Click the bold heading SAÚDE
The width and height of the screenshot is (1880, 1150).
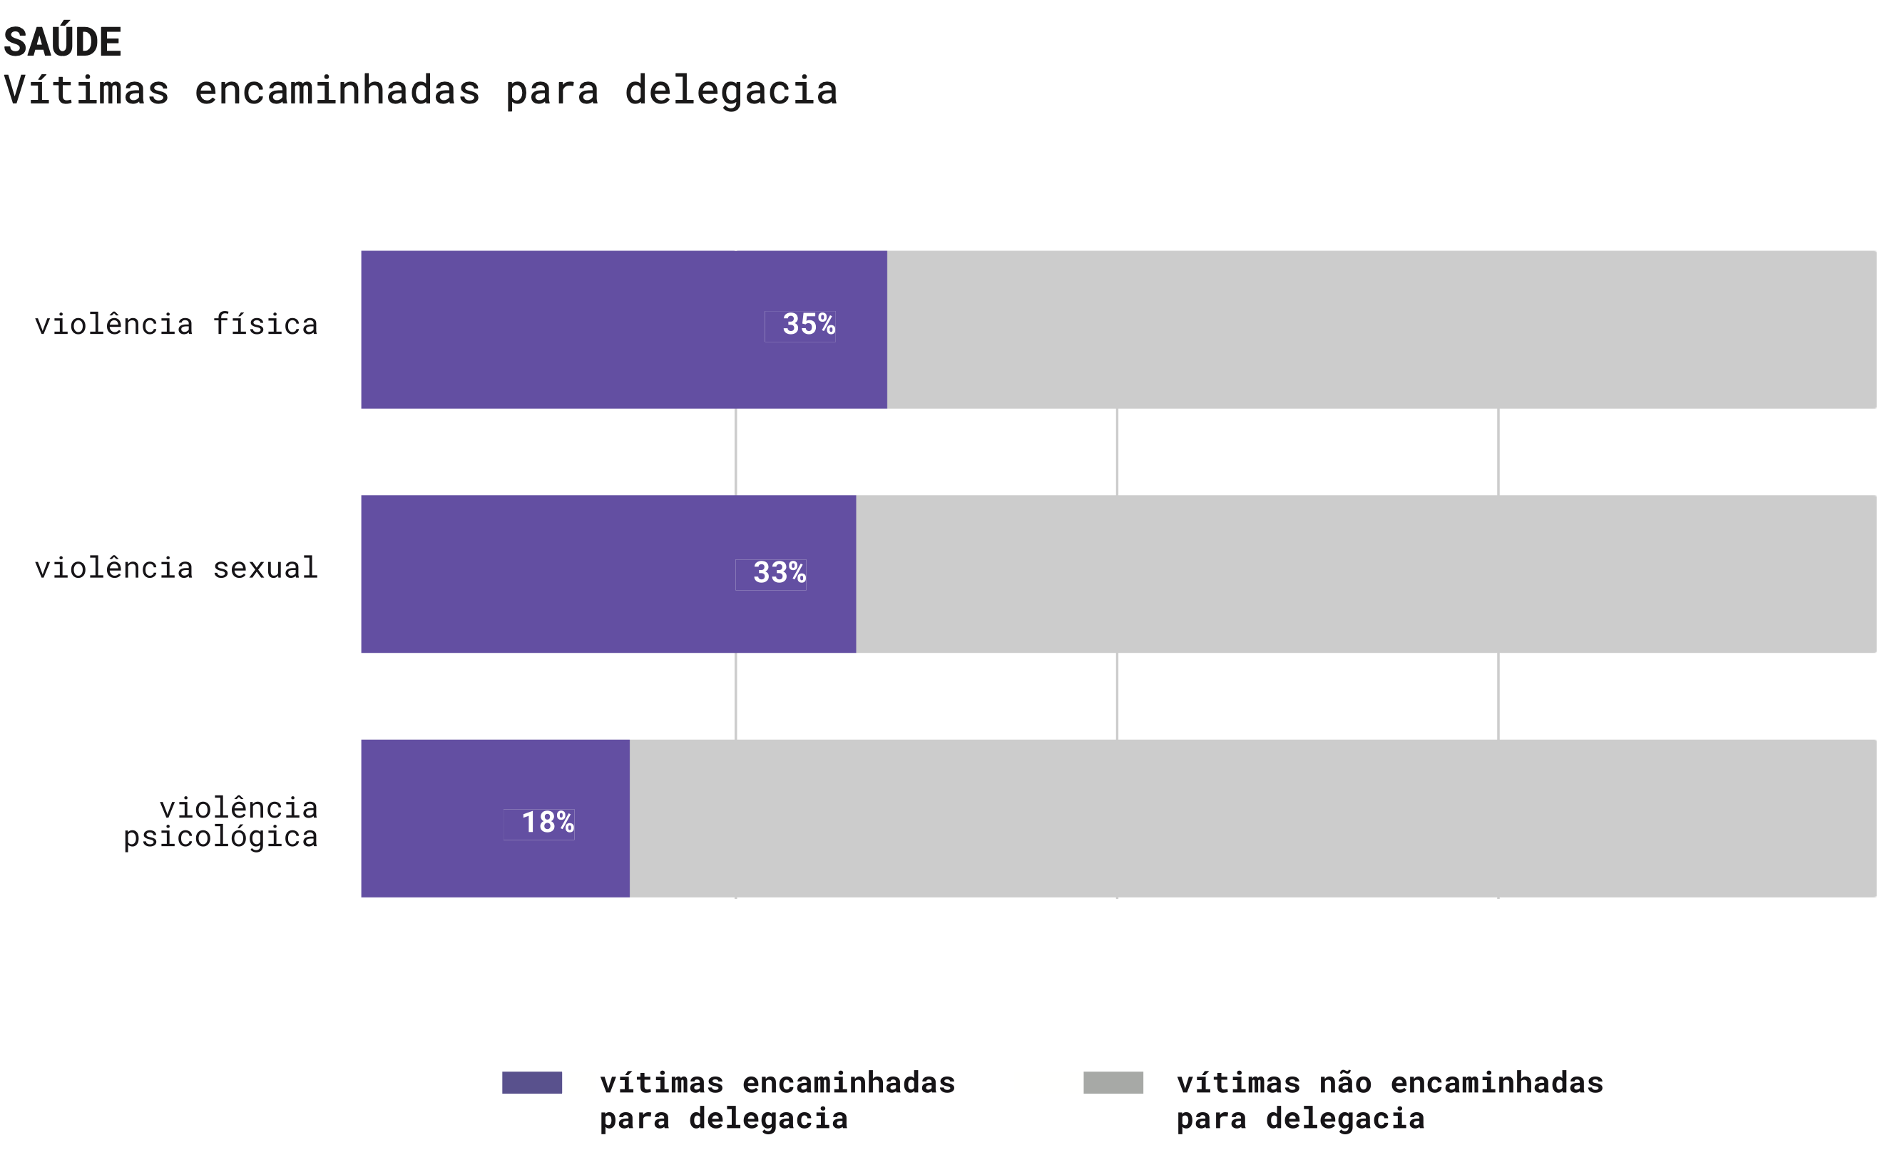click(63, 43)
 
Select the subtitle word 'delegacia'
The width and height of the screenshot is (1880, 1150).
click(731, 91)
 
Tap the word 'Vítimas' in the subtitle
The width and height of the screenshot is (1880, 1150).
click(86, 90)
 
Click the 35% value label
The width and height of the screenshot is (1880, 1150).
click(808, 325)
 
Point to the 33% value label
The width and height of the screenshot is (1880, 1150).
click(779, 573)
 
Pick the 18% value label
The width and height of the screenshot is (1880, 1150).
click(547, 823)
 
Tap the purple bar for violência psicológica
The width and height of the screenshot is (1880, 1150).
click(431, 818)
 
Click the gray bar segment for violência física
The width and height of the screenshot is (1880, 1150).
click(1381, 330)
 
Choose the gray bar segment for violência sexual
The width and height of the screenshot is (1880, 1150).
click(1366, 574)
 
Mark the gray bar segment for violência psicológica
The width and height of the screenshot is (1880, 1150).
click(1251, 818)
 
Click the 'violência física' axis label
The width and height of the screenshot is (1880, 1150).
click(176, 325)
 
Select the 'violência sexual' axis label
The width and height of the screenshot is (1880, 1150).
click(176, 569)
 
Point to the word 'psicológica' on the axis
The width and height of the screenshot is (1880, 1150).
click(220, 837)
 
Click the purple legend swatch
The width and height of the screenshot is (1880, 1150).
click(532, 1083)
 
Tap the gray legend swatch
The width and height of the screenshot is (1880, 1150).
click(1113, 1083)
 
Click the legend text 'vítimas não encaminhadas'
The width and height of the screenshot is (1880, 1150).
click(1389, 1084)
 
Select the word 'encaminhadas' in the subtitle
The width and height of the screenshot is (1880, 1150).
click(337, 90)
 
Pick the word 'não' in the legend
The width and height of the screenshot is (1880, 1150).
click(1345, 1084)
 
